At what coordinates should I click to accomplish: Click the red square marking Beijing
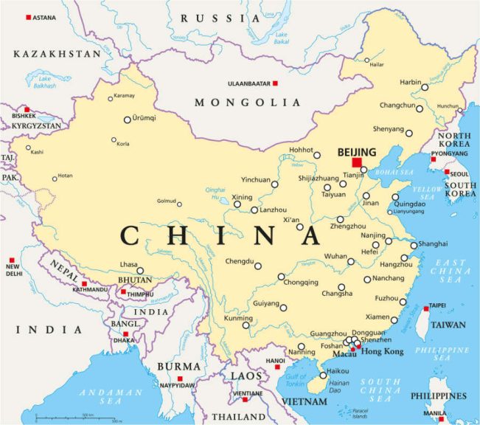point(357,162)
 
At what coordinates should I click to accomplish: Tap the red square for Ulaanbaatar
point(275,83)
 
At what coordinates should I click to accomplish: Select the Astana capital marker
point(29,17)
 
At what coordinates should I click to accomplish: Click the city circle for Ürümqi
point(128,119)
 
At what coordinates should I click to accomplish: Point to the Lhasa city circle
point(140,271)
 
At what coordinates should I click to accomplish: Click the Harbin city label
point(409,82)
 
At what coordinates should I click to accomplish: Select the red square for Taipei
point(425,307)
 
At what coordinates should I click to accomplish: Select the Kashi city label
point(37,153)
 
